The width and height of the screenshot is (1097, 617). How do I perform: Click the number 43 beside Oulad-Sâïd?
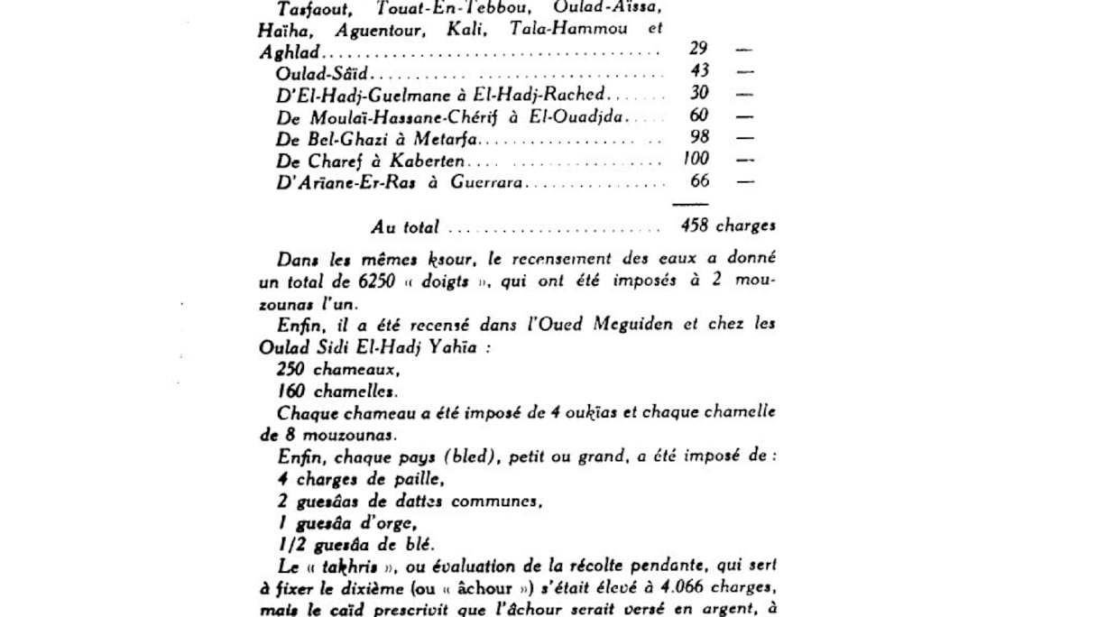[x=699, y=70]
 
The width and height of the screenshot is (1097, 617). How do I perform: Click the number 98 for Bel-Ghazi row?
[x=699, y=136]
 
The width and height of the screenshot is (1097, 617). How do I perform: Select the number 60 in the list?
[x=699, y=115]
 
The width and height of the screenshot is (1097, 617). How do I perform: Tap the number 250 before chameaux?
[x=292, y=369]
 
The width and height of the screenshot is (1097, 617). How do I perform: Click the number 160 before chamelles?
[x=292, y=391]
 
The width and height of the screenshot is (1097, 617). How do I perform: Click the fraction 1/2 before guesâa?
[x=291, y=544]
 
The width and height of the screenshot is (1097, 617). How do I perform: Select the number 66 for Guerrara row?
[x=699, y=180]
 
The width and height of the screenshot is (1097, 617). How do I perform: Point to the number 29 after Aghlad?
[x=699, y=49]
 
